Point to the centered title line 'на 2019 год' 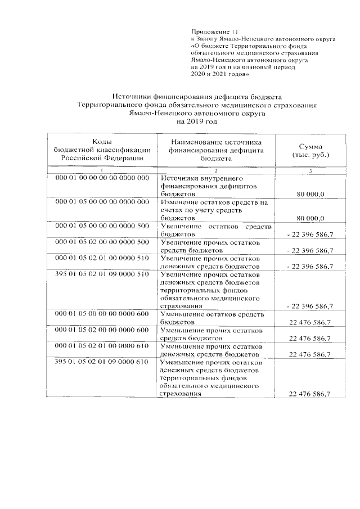click(x=196, y=121)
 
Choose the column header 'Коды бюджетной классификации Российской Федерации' click(x=101, y=150)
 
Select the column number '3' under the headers click(x=310, y=170)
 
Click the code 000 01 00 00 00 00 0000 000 click(x=102, y=178)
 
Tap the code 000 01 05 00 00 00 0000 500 click(x=102, y=226)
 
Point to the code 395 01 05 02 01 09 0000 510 click(x=102, y=274)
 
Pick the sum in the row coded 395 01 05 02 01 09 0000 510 click(x=309, y=306)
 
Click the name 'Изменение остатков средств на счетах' click(x=216, y=209)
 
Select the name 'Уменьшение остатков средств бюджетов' click(x=216, y=318)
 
